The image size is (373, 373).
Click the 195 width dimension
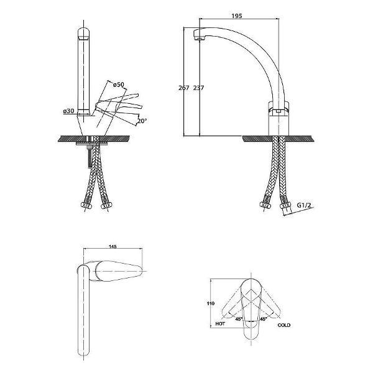pos(237,16)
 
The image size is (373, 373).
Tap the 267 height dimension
pos(183,88)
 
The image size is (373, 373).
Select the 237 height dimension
pos(198,88)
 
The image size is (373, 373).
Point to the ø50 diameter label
pos(118,85)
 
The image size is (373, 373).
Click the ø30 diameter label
pos(68,111)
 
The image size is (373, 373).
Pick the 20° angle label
pos(142,121)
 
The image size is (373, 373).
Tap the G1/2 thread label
pos(304,205)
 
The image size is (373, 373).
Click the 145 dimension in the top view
pos(113,247)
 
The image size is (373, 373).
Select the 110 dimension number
pos(211,303)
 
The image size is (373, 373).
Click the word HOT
pos(220,324)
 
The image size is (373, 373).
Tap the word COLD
pos(284,325)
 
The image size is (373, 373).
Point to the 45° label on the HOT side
pos(239,319)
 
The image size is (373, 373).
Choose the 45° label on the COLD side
pos(264,319)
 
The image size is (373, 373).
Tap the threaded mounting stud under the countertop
pos(90,156)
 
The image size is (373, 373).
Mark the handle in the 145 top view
pos(118,272)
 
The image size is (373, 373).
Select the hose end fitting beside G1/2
pos(285,206)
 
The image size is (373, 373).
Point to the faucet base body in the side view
pos(279,118)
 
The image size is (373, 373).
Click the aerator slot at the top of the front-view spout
pos(83,38)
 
